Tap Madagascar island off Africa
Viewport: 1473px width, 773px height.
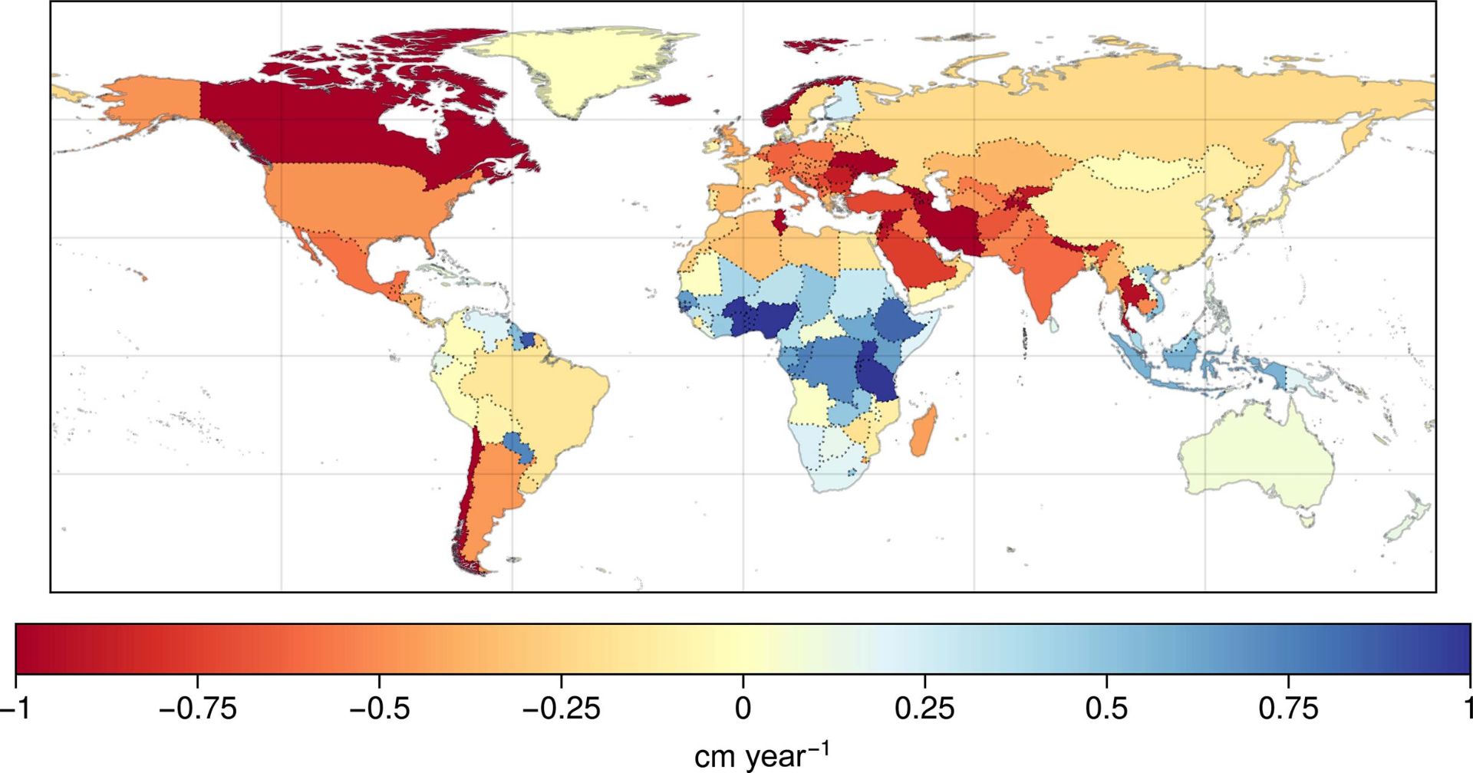(924, 433)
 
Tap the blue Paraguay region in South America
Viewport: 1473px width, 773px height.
(516, 446)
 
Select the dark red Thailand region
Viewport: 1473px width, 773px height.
(1129, 295)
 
